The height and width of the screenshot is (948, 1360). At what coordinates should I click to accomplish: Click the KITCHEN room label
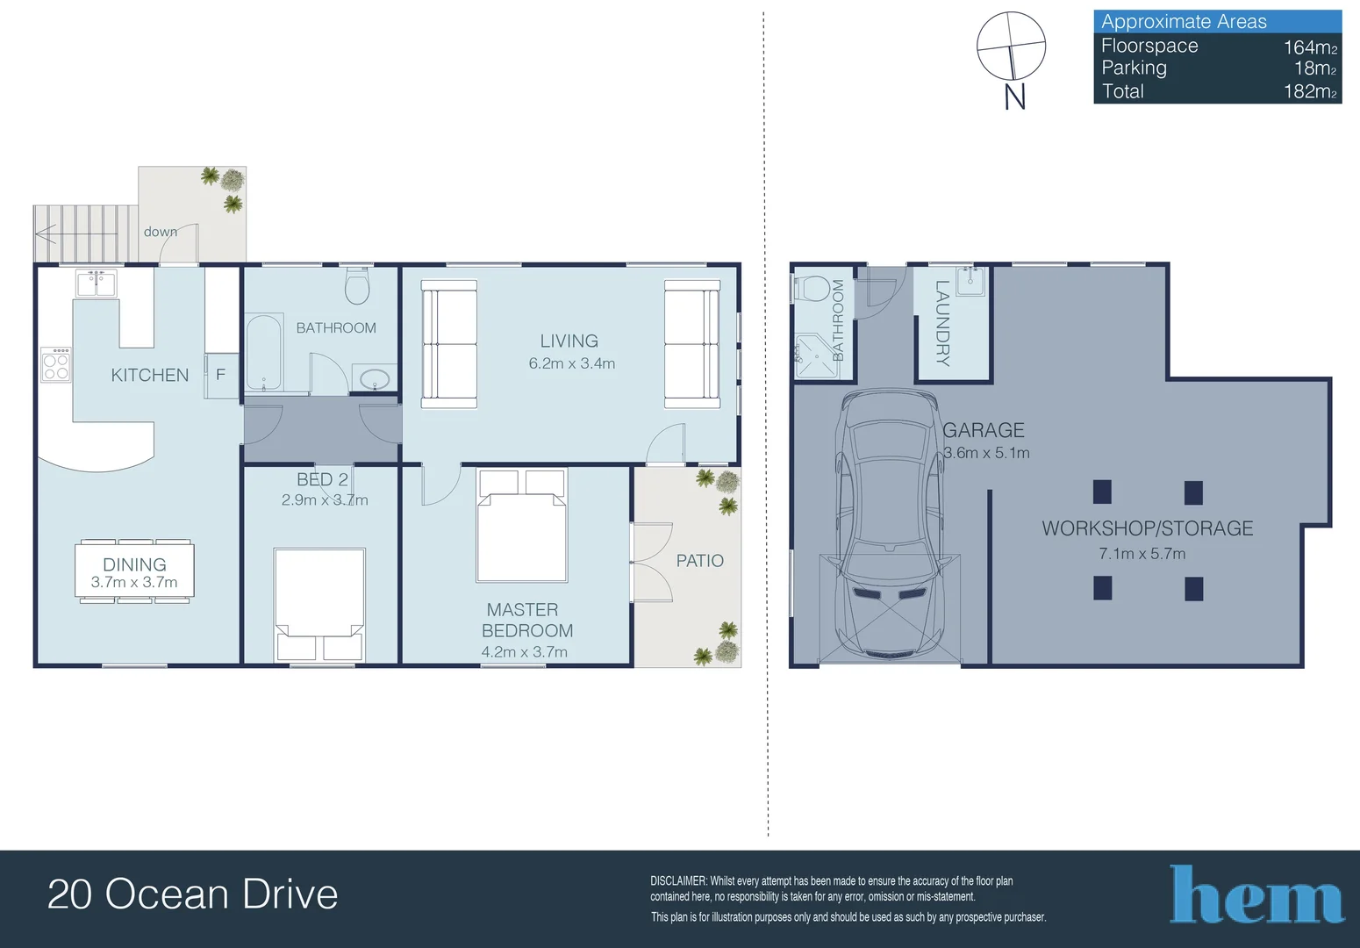(149, 376)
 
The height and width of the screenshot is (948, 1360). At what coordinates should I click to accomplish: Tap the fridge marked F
(221, 375)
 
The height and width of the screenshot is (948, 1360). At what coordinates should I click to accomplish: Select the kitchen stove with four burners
(56, 364)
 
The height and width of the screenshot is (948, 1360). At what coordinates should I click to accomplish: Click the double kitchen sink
(97, 283)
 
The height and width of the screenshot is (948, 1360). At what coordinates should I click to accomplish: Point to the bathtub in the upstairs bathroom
(264, 352)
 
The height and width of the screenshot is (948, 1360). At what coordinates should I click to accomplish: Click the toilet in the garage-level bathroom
(812, 288)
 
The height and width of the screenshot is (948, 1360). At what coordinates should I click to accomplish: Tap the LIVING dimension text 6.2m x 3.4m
(571, 363)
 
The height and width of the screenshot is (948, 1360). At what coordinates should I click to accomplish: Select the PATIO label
(699, 561)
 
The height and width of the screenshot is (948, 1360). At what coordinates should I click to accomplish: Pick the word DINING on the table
(134, 564)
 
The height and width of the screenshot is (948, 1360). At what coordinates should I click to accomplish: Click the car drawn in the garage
(889, 526)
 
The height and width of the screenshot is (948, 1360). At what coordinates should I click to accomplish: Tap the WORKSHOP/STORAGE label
(1148, 528)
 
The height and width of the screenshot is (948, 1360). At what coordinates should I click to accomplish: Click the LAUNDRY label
(942, 323)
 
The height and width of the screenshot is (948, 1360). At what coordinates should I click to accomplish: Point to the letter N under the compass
(1014, 97)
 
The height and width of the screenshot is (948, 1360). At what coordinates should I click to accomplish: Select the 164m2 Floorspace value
(1310, 47)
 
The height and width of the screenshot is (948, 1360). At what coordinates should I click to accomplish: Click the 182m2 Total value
(1310, 91)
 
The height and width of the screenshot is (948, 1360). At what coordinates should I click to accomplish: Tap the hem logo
(1256, 894)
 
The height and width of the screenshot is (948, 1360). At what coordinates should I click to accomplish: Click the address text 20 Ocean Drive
(192, 894)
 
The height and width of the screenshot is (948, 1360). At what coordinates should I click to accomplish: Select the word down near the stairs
(161, 232)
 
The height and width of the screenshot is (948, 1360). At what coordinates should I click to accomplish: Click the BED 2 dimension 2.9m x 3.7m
(325, 499)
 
